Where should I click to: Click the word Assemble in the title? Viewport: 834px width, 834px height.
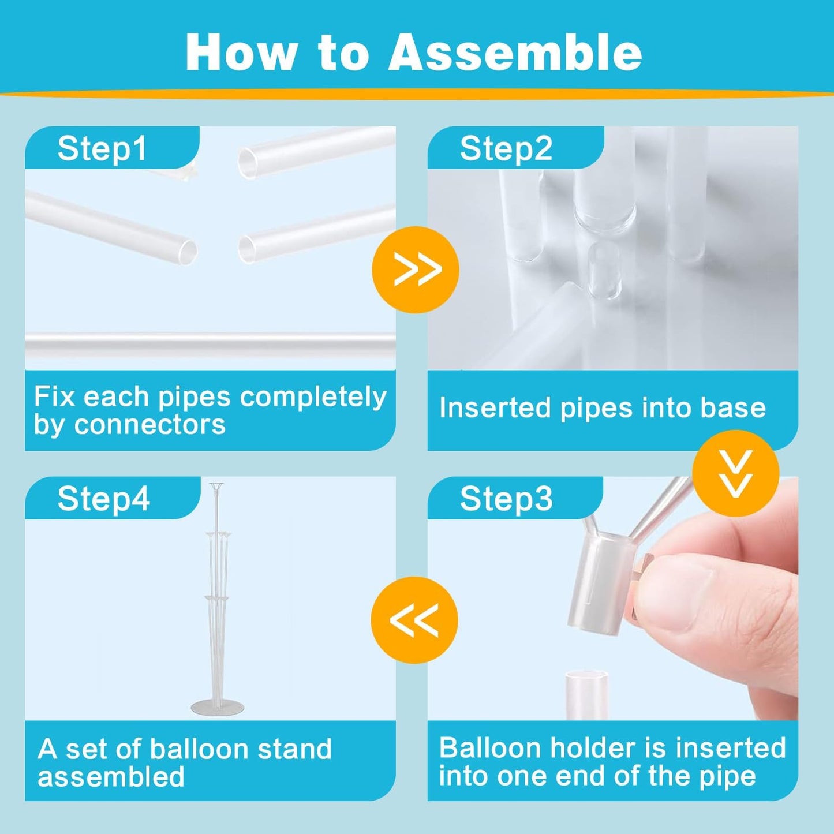pos(515,53)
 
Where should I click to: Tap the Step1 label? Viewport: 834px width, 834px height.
pos(102,149)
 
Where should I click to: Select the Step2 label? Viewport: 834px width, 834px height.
pos(506,149)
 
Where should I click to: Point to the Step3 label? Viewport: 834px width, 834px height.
pos(506,499)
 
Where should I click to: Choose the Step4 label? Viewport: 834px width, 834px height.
pos(103,499)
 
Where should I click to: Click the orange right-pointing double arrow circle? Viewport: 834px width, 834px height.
pos(416,270)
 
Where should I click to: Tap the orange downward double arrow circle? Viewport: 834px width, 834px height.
pos(736,473)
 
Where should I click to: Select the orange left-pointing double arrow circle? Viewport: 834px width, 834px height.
pos(414,620)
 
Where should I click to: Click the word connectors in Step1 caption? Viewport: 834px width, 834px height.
pos(149,425)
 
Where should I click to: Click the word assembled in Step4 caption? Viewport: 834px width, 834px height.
pos(111,777)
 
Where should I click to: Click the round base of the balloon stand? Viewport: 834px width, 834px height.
pos(217,708)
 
